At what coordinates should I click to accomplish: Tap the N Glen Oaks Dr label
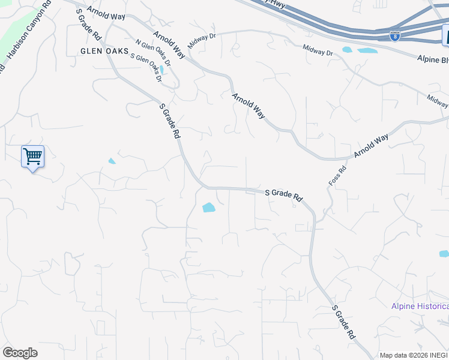tap(153, 53)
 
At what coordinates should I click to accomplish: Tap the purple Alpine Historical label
tap(420, 306)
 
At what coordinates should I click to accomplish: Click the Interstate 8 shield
tap(394, 36)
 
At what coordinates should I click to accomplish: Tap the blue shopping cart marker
tap(32, 157)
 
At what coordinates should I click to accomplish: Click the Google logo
tap(20, 353)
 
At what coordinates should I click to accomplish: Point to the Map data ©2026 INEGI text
tap(414, 355)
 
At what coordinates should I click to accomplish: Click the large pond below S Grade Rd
tap(209, 208)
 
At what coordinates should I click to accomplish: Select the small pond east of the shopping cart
tap(112, 161)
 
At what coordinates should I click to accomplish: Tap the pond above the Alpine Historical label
tap(444, 254)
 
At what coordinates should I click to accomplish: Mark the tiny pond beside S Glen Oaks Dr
tap(161, 70)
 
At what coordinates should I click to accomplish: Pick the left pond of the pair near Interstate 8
tap(348, 50)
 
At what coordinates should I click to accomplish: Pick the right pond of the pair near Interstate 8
tap(367, 51)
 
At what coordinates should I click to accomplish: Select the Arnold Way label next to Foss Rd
tap(371, 146)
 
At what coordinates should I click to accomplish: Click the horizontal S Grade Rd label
tap(284, 194)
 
